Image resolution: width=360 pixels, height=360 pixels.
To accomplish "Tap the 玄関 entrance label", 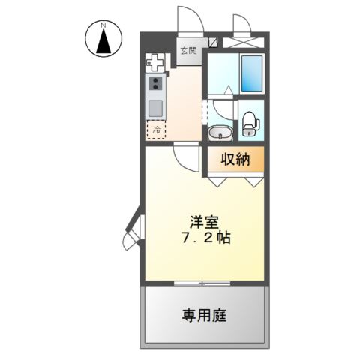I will (x=188, y=51).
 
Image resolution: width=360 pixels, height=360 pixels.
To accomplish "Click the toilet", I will (x=250, y=123).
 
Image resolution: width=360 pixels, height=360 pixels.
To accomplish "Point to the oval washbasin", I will (x=220, y=133).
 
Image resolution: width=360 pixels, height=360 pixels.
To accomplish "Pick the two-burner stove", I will (x=156, y=84).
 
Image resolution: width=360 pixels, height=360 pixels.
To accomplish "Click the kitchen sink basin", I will (x=156, y=107).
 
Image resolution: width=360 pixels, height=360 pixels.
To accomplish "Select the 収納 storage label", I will (x=234, y=159).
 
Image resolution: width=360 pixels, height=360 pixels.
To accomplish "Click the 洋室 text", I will (x=204, y=222).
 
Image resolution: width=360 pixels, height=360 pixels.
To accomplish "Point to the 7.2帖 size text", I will (x=205, y=239).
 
